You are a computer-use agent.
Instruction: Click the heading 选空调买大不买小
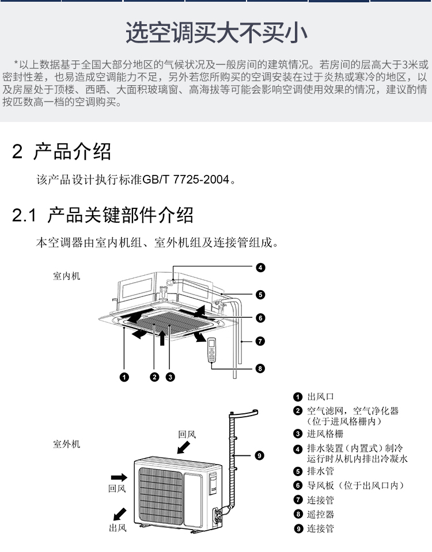tap(217, 32)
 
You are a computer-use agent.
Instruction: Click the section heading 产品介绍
tap(72, 152)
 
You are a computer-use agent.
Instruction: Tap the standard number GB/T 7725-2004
tap(185, 180)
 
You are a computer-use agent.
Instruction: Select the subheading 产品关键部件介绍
tap(120, 215)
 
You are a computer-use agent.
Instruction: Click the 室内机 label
tap(67, 276)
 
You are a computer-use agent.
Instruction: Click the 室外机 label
tap(67, 444)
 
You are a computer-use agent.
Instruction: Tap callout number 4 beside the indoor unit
tap(260, 268)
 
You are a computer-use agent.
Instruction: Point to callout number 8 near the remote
tap(260, 368)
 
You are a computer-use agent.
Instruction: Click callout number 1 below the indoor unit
tap(124, 377)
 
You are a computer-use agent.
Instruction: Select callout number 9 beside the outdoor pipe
tap(259, 455)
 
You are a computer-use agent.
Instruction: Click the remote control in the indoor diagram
tap(212, 349)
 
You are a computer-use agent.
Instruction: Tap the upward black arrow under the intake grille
tap(162, 338)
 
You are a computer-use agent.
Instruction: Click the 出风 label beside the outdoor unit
tap(118, 528)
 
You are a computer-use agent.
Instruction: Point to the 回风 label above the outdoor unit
tap(187, 435)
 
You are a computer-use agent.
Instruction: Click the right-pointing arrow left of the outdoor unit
tap(119, 477)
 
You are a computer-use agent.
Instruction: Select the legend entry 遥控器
tap(320, 515)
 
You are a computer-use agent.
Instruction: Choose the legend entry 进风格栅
tap(325, 434)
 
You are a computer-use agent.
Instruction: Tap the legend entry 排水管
tap(320, 471)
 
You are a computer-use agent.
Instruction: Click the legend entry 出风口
tap(320, 397)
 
